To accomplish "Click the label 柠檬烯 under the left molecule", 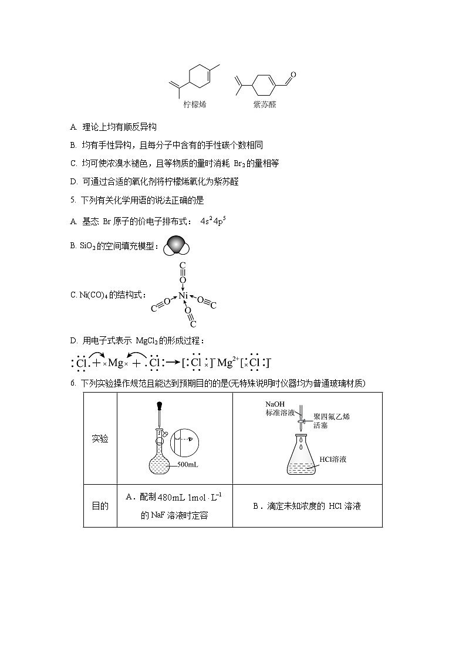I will pyautogui.click(x=194, y=104).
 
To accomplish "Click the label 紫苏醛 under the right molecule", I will pyautogui.click(x=264, y=104).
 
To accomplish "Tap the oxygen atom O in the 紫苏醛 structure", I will pyautogui.click(x=293, y=75).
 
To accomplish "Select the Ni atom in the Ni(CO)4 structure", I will pyautogui.click(x=183, y=295).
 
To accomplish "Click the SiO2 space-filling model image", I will pyautogui.click(x=175, y=246).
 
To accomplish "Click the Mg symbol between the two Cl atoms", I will pyautogui.click(x=116, y=363).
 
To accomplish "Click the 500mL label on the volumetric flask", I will pyautogui.click(x=187, y=465).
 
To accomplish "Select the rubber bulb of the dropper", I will pyautogui.click(x=159, y=405).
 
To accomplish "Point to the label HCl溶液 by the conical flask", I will pyautogui.click(x=333, y=459).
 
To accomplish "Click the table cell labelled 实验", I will pyautogui.click(x=100, y=438).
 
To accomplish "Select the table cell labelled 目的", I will pyautogui.click(x=100, y=506).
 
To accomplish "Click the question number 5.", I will pyautogui.click(x=72, y=200).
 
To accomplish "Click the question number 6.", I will pyautogui.click(x=72, y=383).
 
